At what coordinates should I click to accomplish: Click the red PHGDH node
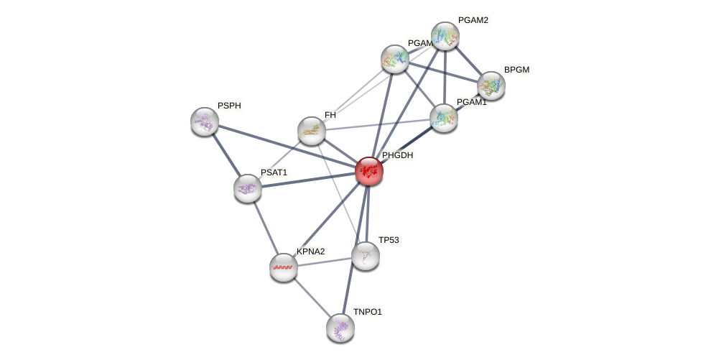click(369, 171)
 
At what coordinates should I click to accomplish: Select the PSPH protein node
click(205, 121)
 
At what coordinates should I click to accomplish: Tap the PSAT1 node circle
click(248, 188)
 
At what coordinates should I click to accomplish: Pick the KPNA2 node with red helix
click(284, 267)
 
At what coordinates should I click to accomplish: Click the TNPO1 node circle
click(340, 328)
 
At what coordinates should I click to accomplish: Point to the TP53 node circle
click(366, 255)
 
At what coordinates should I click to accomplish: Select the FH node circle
click(312, 131)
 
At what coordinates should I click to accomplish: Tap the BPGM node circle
click(491, 86)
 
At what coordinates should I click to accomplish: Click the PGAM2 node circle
click(445, 36)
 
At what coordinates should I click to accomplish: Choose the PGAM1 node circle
click(444, 117)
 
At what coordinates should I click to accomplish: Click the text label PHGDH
click(397, 155)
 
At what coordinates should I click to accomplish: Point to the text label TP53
click(389, 240)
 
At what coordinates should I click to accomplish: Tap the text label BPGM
click(516, 70)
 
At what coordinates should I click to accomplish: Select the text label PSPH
click(229, 106)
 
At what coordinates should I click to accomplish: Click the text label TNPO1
click(368, 312)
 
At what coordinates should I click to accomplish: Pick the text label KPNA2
click(311, 251)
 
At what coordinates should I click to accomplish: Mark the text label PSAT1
click(274, 172)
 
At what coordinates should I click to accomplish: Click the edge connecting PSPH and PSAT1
click(226, 154)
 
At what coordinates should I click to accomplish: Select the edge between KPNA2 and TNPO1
click(312, 297)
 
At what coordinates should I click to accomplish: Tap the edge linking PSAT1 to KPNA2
click(266, 227)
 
